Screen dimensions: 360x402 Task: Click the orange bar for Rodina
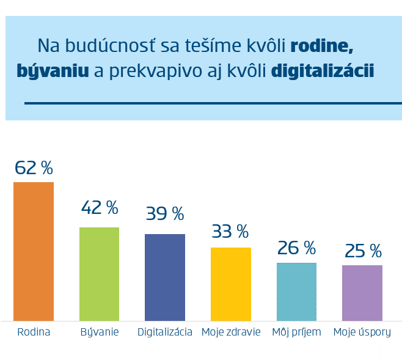click(34, 251)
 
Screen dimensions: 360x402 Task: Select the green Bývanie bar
click(99, 274)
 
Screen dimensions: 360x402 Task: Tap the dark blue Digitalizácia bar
click(165, 277)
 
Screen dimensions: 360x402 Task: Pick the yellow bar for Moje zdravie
click(230, 284)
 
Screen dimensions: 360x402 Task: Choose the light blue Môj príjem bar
click(296, 292)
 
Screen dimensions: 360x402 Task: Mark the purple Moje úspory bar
click(362, 293)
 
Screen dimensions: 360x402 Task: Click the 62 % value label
click(34, 167)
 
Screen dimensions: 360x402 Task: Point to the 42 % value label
click(99, 208)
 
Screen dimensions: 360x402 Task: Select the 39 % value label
click(165, 214)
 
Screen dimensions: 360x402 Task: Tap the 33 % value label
click(230, 232)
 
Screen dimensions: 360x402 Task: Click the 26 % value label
click(296, 248)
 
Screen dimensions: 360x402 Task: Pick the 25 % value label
click(362, 251)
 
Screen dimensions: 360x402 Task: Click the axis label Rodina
click(34, 332)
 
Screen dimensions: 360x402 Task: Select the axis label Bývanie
click(100, 332)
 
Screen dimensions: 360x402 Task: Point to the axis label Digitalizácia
click(165, 332)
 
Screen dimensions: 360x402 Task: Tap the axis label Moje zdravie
click(231, 332)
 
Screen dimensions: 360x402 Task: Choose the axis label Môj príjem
click(296, 332)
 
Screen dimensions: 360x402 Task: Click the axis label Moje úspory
click(362, 332)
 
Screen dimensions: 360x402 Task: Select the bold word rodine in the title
click(322, 45)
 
